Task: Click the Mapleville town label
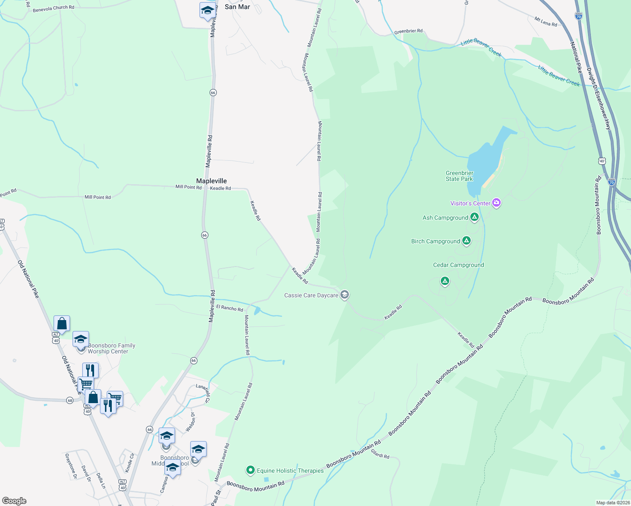211,181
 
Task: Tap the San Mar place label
237,7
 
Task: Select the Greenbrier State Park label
459,176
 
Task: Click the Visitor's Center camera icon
496,203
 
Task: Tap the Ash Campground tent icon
475,217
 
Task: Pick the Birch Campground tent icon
466,241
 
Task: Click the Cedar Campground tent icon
445,281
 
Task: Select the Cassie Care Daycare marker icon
345,295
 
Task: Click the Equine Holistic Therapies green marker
251,470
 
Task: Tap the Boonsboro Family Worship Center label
111,348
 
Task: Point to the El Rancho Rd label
230,308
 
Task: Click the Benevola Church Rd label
53,8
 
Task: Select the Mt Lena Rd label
545,22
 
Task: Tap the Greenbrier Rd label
408,31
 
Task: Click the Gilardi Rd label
380,454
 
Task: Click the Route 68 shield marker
70,400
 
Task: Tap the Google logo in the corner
14,501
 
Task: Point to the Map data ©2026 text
612,503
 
